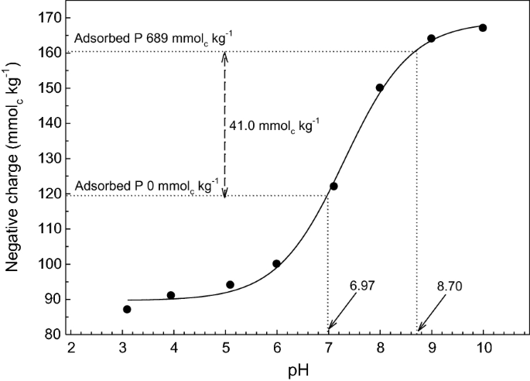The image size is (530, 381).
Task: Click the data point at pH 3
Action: pyautogui.click(x=127, y=309)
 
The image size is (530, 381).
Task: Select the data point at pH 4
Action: pyautogui.click(x=171, y=295)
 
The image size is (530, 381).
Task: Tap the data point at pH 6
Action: pyautogui.click(x=276, y=263)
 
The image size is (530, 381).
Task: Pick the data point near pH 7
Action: pyautogui.click(x=333, y=186)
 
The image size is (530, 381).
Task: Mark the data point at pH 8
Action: pyautogui.click(x=380, y=88)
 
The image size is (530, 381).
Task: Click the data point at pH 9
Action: pyautogui.click(x=431, y=38)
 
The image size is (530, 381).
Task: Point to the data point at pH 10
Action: pyautogui.click(x=483, y=28)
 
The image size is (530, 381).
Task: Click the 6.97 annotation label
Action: pyautogui.click(x=361, y=284)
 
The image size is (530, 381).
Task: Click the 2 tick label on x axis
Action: pyautogui.click(x=70, y=347)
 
